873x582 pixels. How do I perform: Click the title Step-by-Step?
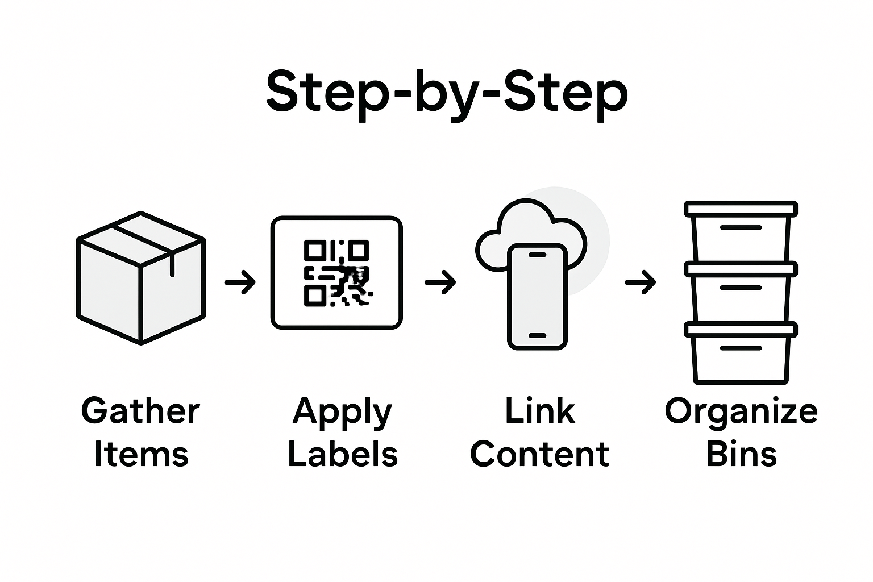point(447,93)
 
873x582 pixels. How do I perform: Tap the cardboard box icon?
point(140,278)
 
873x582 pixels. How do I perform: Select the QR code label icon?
point(336,273)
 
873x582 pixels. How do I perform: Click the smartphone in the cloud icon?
point(537,296)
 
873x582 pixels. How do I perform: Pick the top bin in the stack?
point(741,233)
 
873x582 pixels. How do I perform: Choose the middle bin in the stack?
point(741,293)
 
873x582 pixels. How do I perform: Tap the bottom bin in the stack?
point(741,354)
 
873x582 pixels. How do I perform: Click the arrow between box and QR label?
point(240,282)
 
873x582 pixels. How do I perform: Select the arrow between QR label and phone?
point(440,282)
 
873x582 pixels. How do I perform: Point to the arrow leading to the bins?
point(640,282)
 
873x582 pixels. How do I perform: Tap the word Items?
point(141,455)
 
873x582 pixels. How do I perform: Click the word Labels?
point(342,455)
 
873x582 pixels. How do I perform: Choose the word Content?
point(540,455)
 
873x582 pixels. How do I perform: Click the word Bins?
point(741,455)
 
